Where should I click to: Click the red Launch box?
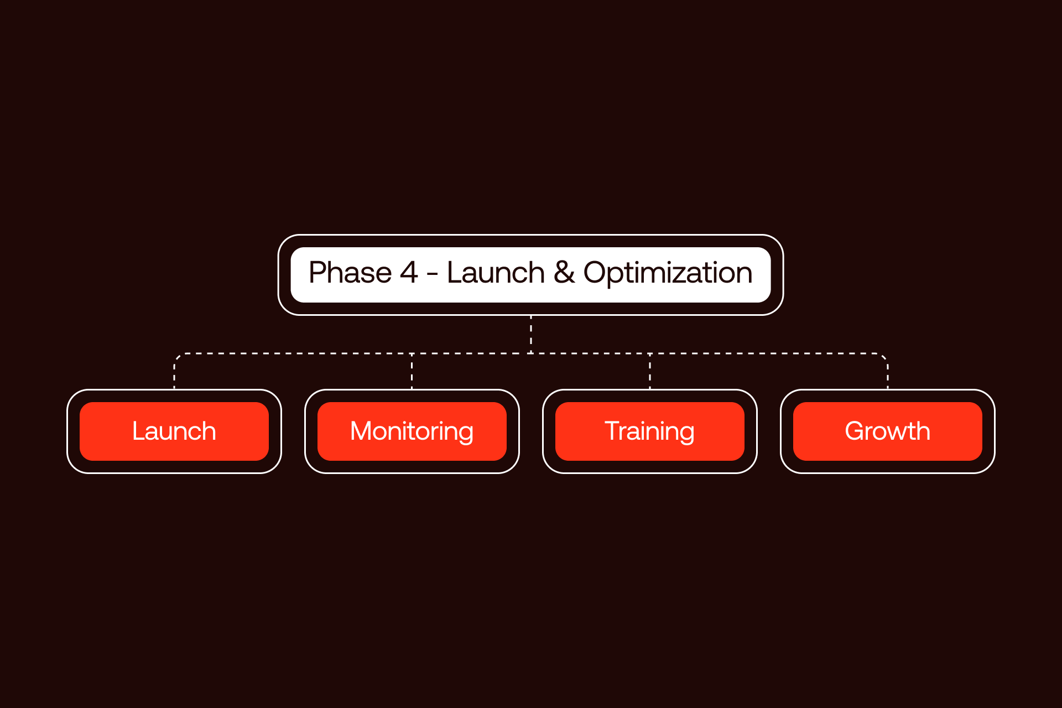tap(174, 431)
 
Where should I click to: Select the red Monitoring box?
tap(412, 431)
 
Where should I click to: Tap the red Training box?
tap(649, 431)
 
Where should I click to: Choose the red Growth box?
tap(887, 431)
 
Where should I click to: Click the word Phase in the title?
tap(350, 273)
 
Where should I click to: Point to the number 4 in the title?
tap(409, 273)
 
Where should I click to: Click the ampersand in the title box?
tap(564, 273)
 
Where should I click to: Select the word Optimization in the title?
tap(668, 273)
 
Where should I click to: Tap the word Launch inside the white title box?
tap(496, 273)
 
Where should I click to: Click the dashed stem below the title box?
tap(531, 334)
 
